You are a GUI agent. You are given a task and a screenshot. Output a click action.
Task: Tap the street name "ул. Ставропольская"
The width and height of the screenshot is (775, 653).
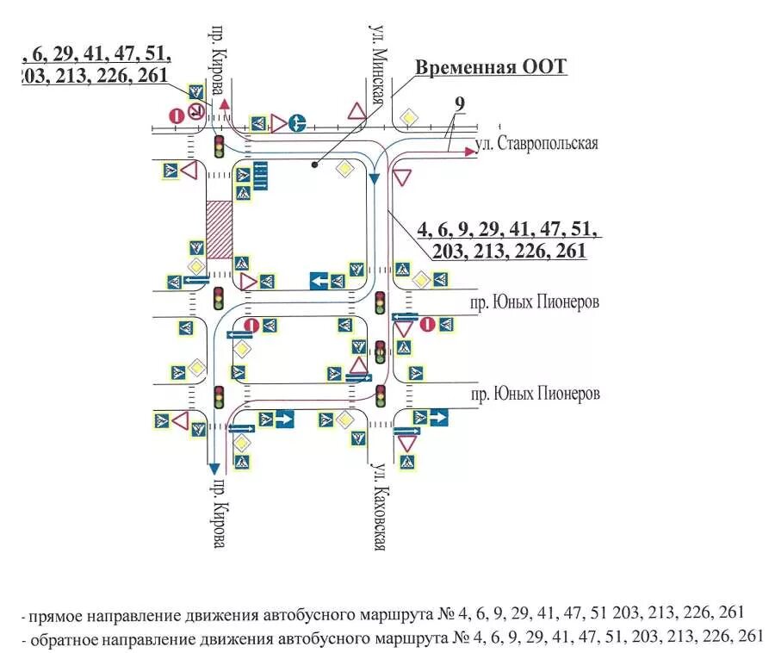(537, 143)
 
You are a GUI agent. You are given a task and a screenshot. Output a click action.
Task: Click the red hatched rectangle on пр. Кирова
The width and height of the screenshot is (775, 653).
(220, 229)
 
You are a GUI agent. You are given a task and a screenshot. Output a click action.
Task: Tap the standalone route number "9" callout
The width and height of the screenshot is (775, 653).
(460, 103)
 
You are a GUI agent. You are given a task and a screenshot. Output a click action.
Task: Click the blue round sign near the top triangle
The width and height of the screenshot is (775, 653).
(298, 122)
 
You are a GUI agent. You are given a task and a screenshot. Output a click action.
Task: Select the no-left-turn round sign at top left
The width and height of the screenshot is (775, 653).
(196, 111)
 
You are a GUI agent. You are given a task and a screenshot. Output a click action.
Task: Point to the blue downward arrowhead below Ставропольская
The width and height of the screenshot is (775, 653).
(374, 177)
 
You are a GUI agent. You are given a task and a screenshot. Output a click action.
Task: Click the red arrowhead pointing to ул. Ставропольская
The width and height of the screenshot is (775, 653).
(469, 151)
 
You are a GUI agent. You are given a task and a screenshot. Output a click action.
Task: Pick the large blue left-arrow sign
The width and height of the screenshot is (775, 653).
(319, 281)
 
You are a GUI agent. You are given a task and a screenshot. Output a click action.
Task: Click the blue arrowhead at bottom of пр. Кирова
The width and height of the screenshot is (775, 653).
(213, 468)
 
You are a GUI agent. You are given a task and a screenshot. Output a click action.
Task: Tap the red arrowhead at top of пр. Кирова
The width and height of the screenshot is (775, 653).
(225, 103)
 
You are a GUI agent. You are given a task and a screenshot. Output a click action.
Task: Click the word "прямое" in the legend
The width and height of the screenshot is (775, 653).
(56, 616)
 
